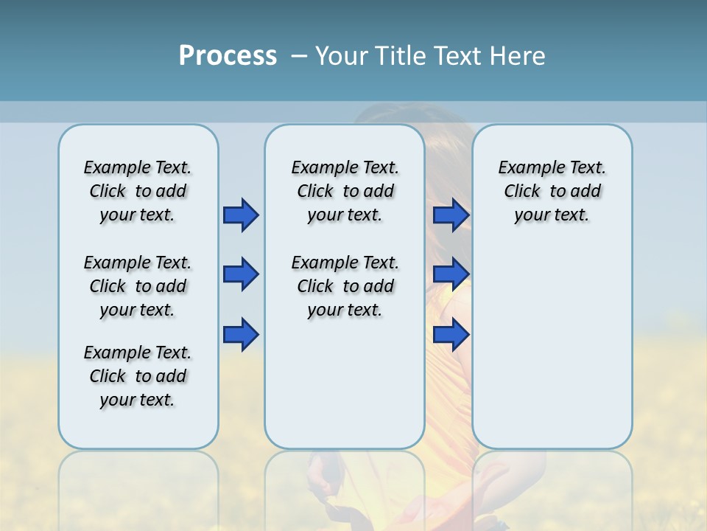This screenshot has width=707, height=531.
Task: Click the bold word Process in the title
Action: coord(228,56)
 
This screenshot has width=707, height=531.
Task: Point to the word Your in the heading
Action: coord(342,56)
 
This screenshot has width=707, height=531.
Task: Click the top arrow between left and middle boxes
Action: coord(241,215)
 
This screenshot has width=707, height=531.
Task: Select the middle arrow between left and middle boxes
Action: coord(241,275)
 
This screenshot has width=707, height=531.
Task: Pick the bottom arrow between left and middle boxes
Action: coord(241,334)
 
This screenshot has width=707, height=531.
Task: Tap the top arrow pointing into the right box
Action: coord(451,215)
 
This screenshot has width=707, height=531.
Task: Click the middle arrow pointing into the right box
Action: coord(451,275)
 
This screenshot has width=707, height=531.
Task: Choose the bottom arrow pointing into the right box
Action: coord(451,334)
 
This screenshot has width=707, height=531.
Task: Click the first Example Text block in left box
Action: coord(138,191)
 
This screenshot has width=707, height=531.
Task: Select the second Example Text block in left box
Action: coord(138,286)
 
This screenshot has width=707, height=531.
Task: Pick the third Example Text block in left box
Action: coord(138,376)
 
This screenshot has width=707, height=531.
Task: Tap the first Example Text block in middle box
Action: coord(345,191)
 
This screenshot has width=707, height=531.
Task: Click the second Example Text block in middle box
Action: coord(345,286)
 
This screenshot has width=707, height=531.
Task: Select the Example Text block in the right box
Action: coord(552,191)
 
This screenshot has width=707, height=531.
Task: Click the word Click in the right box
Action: coord(522,192)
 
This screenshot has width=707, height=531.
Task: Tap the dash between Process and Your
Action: coord(299,56)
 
